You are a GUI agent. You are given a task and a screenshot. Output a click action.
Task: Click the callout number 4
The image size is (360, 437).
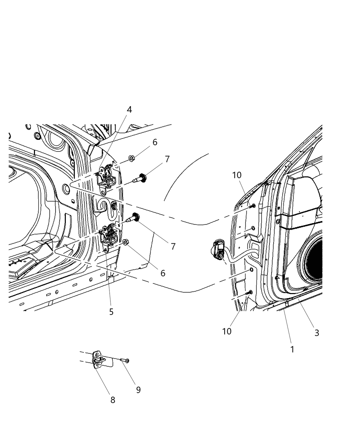(129, 110)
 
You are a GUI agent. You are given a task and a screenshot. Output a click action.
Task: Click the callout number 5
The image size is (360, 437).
(111, 312)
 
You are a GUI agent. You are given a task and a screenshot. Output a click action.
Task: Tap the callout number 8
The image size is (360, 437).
(113, 400)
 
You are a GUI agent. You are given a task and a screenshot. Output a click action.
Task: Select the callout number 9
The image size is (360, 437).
(138, 390)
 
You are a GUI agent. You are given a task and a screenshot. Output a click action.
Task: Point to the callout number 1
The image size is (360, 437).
(292, 349)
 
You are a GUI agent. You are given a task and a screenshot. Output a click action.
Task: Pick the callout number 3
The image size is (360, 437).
(317, 332)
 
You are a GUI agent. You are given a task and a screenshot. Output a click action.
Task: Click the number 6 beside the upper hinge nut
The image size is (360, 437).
(155, 142)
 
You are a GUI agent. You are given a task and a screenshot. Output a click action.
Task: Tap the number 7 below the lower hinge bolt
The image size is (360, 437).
(173, 246)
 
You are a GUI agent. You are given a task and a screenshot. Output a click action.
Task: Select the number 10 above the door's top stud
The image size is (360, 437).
(237, 175)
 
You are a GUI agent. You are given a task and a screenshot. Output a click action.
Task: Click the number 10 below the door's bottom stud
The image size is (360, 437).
(227, 331)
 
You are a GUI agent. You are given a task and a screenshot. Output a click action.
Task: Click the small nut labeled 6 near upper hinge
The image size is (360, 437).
(131, 158)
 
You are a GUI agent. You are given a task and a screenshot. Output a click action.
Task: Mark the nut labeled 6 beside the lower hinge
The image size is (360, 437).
(125, 242)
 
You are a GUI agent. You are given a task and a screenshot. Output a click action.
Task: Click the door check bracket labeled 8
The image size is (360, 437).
(98, 360)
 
